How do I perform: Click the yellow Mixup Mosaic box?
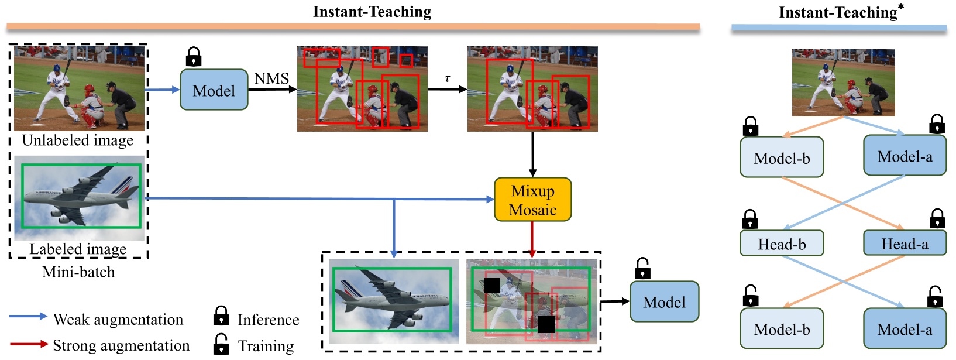pyautogui.click(x=532, y=200)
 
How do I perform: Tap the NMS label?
pyautogui.click(x=271, y=78)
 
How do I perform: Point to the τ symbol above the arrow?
pyautogui.click(x=448, y=78)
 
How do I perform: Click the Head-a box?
pyautogui.click(x=905, y=244)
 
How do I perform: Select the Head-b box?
pyautogui.click(x=782, y=244)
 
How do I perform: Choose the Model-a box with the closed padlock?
pyautogui.click(x=905, y=156)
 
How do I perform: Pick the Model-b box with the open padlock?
pyautogui.click(x=782, y=329)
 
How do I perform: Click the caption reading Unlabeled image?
pyautogui.click(x=78, y=140)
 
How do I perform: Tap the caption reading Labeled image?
pyautogui.click(x=78, y=249)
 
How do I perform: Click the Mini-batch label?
pyautogui.click(x=78, y=272)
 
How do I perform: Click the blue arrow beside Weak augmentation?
pyautogui.click(x=28, y=316)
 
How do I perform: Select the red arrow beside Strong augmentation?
pyautogui.click(x=28, y=344)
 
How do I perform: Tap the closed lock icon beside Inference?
pyautogui.click(x=221, y=316)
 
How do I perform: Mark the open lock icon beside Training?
pyautogui.click(x=221, y=344)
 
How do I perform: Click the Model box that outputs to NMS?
pyautogui.click(x=214, y=90)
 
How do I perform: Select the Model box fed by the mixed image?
pyautogui.click(x=664, y=301)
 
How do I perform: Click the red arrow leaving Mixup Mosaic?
pyautogui.click(x=532, y=239)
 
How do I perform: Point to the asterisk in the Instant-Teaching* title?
pyautogui.click(x=901, y=6)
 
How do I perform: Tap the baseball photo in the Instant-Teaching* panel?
pyautogui.click(x=843, y=83)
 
